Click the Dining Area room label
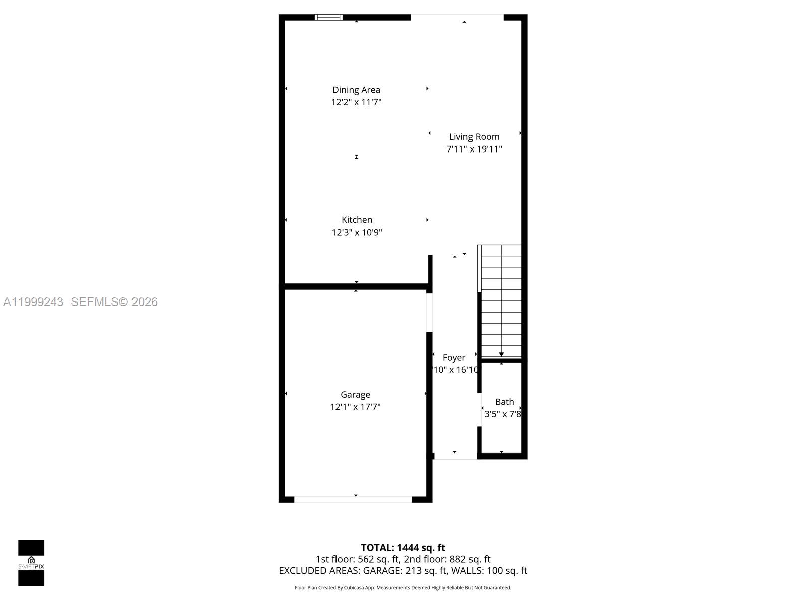[356, 90]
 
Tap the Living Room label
[474, 137]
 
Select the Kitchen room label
[357, 220]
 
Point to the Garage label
[355, 395]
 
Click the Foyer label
[454, 358]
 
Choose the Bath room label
[504, 402]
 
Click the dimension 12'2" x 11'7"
[356, 102]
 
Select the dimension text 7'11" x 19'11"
[474, 149]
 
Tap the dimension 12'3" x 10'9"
[357, 232]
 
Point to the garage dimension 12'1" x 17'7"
[355, 407]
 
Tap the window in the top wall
[328, 17]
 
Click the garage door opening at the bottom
[353, 499]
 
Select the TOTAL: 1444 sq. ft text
[403, 548]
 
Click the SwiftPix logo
[31, 563]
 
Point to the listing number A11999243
[33, 302]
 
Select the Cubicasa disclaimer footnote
[403, 588]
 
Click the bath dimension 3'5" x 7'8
[503, 414]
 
